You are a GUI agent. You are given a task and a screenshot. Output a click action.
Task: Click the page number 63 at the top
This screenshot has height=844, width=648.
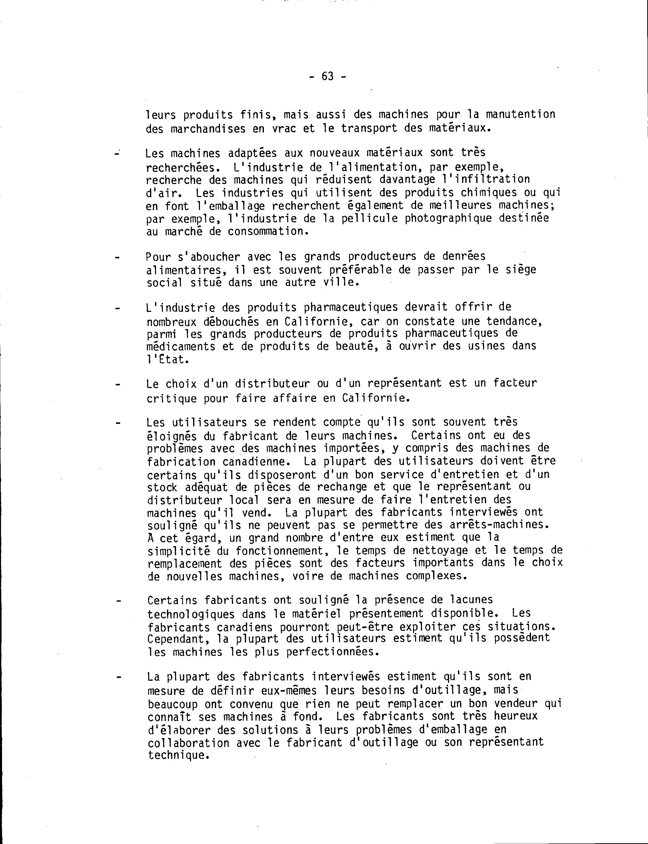pos(328,77)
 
